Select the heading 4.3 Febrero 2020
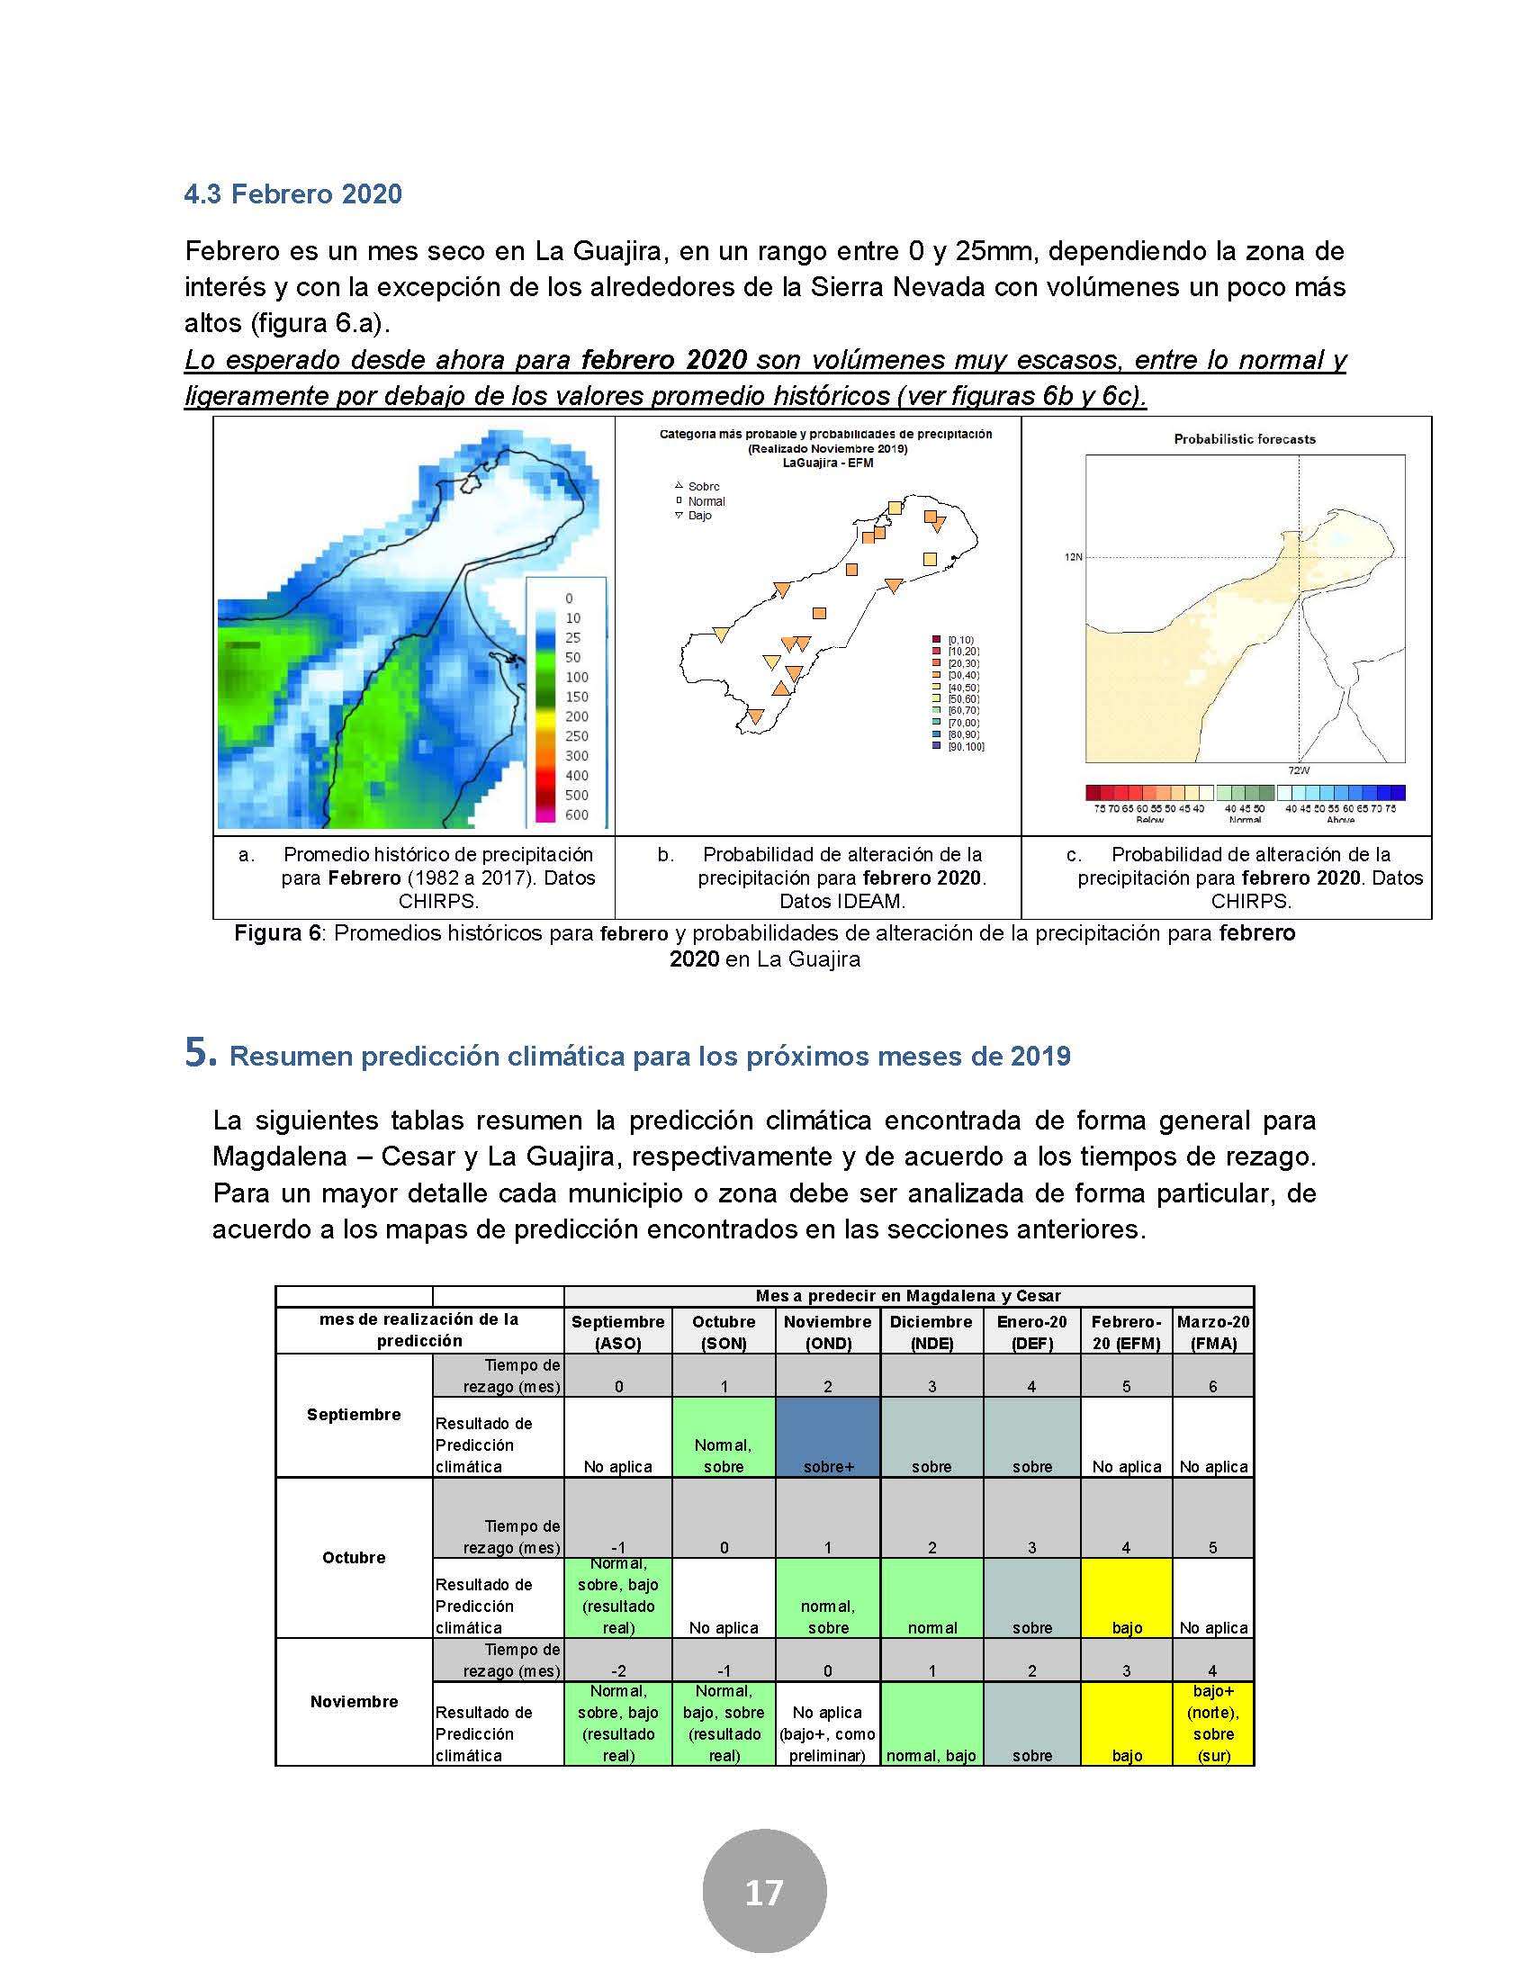[292, 194]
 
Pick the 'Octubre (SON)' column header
[724, 1332]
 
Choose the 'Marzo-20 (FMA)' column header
[1213, 1332]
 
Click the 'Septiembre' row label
[354, 1414]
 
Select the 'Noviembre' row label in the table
[354, 1702]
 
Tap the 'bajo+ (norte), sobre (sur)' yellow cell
[1213, 1723]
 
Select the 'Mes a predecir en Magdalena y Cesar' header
[908, 1295]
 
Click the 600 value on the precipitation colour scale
[577, 814]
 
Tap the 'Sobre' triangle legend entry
[697, 487]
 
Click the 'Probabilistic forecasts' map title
[1245, 439]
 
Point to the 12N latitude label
[1073, 556]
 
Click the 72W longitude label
[1298, 770]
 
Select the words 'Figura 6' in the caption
[277, 933]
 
